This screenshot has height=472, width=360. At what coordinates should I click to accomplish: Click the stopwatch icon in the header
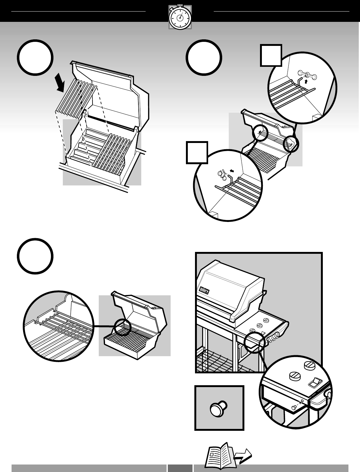180,17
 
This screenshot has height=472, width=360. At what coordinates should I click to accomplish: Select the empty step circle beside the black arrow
35,57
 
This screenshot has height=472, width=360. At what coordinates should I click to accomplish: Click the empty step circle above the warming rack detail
35,256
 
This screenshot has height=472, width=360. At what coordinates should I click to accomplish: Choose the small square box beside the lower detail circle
197,153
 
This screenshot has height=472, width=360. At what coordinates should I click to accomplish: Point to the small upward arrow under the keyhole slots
307,82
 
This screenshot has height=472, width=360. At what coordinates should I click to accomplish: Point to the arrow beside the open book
243,456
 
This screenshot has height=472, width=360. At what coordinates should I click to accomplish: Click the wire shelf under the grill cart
219,362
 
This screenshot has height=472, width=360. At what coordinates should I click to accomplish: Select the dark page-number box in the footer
180,468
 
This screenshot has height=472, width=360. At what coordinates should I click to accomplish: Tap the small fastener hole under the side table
302,401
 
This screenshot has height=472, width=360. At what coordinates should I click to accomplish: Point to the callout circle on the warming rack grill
122,327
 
